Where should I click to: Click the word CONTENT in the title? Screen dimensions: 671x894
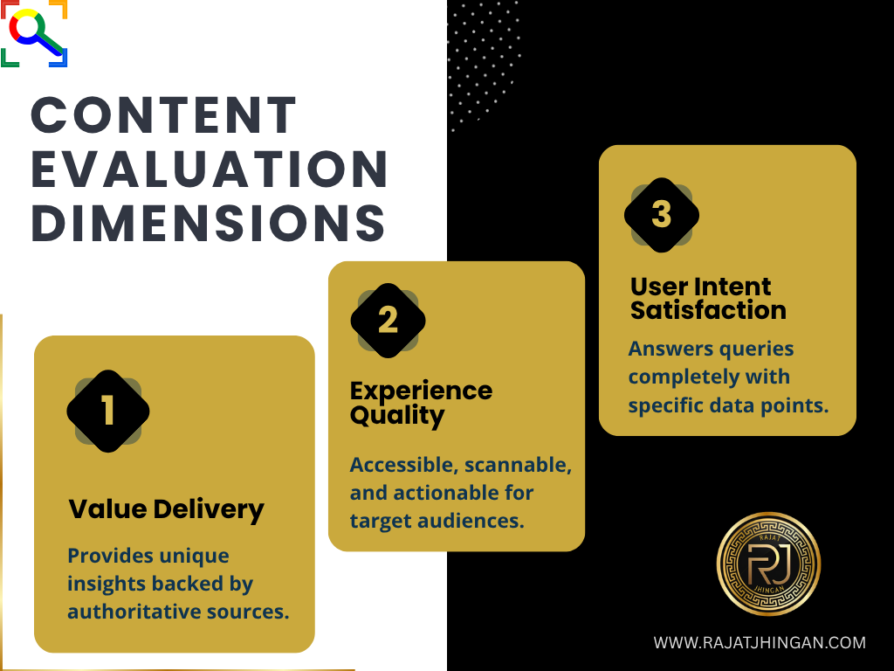164,115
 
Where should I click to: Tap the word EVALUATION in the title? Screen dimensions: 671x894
210,169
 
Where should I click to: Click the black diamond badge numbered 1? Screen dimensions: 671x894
108,411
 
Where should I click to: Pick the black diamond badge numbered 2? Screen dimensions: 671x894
388,321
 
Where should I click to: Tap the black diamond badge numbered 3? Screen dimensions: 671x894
662,214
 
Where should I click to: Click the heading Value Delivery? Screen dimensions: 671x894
166,508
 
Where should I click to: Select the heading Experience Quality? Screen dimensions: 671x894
421,403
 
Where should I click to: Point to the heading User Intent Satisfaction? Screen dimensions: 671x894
708,298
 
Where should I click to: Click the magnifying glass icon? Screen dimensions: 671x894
33,33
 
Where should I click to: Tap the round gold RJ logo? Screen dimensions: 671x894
768,564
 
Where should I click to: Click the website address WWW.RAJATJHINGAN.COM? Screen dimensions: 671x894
760,643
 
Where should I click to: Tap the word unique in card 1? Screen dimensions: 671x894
197,556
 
